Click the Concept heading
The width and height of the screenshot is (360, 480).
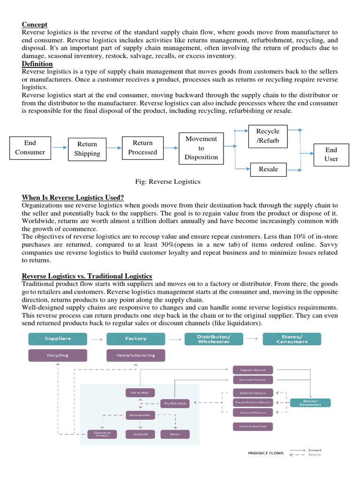(35, 24)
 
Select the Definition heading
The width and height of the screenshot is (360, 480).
(37, 64)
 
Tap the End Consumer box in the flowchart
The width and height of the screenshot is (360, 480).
(30, 147)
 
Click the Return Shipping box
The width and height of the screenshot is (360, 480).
(87, 149)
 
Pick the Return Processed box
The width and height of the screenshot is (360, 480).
(142, 147)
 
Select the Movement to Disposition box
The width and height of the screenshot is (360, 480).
(201, 148)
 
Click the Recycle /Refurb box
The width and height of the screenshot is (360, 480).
(267, 136)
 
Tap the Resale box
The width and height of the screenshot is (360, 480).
(268, 169)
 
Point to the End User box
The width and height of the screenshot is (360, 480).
(331, 154)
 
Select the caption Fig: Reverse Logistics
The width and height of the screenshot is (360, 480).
(167, 181)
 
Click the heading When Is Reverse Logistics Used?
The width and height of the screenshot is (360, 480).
(73, 198)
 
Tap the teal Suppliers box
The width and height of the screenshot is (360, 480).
(58, 338)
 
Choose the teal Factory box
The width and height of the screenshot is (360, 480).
(135, 338)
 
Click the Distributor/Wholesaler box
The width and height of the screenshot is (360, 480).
(213, 338)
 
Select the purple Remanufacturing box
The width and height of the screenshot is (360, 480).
(135, 355)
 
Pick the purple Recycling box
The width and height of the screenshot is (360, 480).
(58, 355)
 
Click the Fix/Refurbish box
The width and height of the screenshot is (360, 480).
(175, 403)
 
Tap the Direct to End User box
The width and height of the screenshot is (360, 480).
(253, 426)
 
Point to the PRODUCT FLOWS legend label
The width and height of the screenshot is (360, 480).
(265, 453)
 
